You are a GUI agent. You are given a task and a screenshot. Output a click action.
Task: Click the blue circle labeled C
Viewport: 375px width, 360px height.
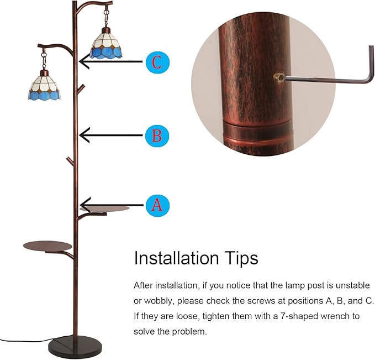pos(157,62)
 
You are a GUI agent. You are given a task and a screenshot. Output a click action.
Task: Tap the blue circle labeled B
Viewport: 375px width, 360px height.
pos(157,136)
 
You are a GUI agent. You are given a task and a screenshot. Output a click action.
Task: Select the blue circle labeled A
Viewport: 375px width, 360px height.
pos(157,206)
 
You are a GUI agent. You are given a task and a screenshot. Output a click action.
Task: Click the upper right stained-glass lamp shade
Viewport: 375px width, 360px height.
pos(106,44)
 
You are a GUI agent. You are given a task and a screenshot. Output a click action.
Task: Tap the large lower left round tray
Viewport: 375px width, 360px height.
pos(47,246)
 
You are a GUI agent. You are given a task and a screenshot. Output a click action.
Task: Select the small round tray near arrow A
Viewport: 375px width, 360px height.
pos(105,208)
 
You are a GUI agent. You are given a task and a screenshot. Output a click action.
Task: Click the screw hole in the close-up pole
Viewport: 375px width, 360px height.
pos(279,78)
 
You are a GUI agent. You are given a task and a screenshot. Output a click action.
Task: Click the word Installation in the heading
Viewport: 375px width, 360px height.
pos(177,258)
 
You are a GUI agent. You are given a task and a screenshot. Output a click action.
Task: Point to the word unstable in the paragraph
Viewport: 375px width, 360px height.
pos(352,285)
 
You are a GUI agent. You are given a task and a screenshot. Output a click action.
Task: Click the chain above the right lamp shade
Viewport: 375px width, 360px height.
pos(107,17)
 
